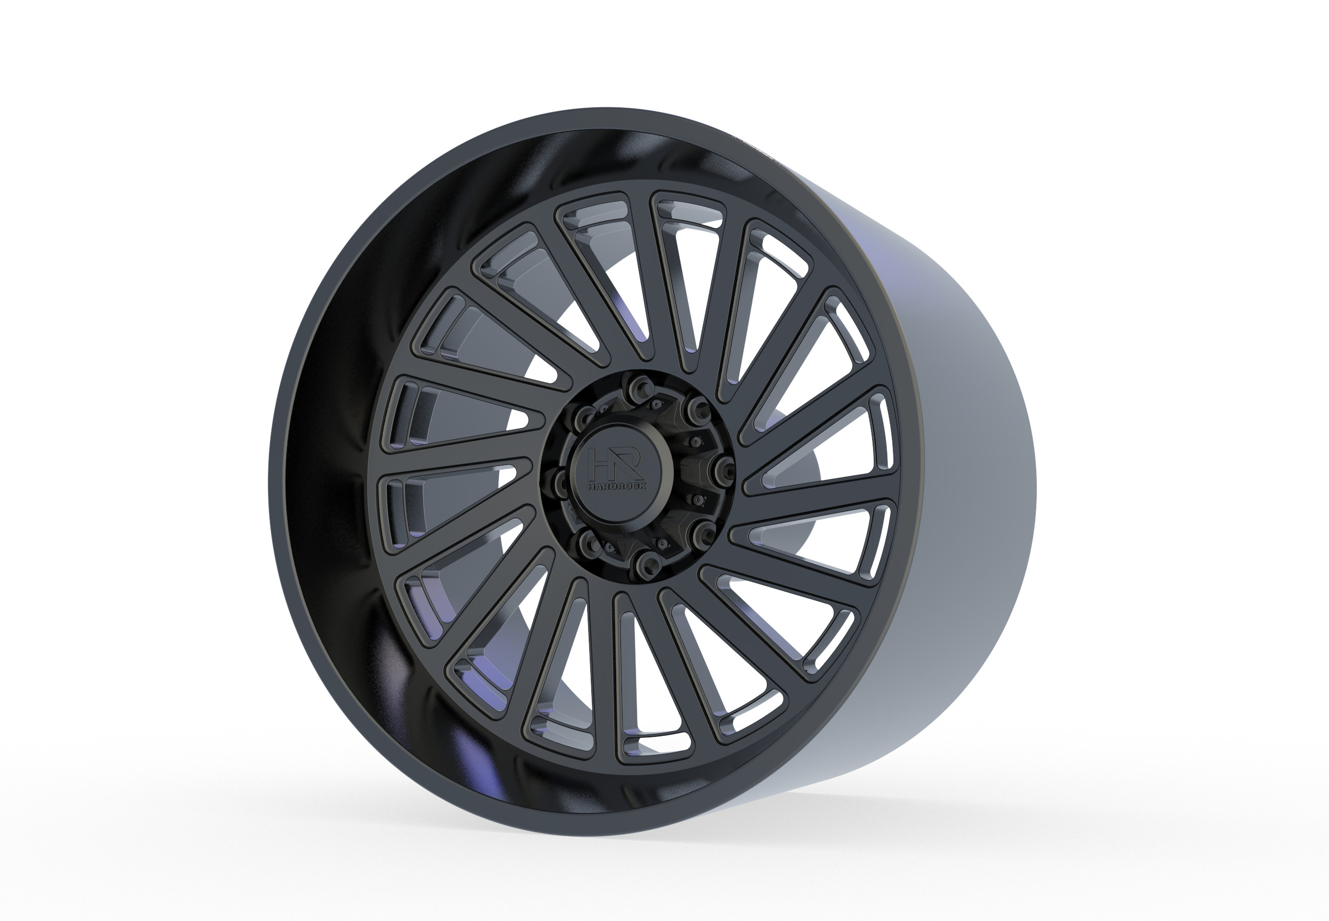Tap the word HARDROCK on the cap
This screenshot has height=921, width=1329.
click(x=617, y=486)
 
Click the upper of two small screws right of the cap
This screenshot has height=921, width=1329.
click(x=695, y=442)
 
